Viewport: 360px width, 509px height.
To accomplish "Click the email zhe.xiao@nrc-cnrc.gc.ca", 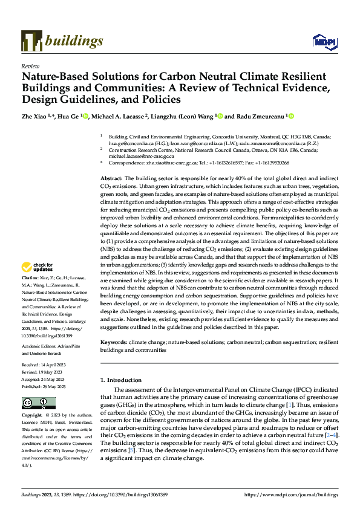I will [166, 163].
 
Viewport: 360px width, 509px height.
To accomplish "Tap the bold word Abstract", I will [111, 180].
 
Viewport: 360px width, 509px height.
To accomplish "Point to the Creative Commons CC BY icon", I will [35, 403].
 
